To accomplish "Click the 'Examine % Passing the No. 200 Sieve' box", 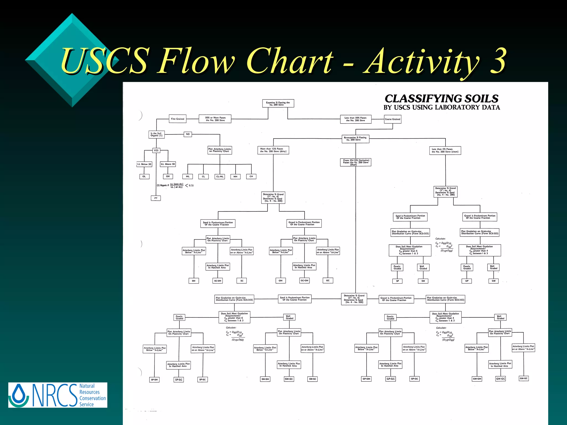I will tap(278, 103).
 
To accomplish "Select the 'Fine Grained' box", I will tap(177, 119).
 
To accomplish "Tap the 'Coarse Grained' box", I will tap(392, 119).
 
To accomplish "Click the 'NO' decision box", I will tap(188, 134).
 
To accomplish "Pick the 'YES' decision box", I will tap(156, 151).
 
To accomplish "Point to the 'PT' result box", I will tap(156, 198).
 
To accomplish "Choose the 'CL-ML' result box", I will tap(220, 177).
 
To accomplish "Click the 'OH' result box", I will tap(168, 176).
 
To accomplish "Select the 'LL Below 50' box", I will tap(144, 164).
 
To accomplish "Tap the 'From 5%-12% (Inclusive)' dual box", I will tap(355, 162).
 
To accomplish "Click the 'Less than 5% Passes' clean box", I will tap(445, 151).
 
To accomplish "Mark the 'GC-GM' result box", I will tap(304, 281).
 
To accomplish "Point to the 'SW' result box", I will tap(423, 281).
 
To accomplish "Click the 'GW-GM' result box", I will tap(477, 379).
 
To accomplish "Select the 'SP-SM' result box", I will tap(154, 380).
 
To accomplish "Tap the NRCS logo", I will tap(58, 395).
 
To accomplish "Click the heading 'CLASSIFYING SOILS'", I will tap(441, 99).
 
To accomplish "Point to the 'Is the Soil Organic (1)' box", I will tap(156, 134).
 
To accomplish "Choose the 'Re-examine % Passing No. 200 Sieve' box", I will tap(355, 139).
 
